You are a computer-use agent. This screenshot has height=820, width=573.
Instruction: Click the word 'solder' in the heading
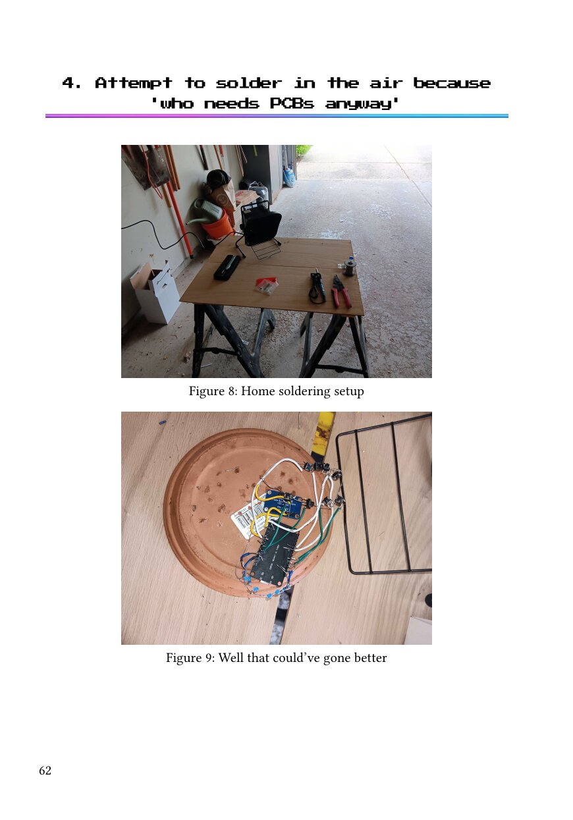248,83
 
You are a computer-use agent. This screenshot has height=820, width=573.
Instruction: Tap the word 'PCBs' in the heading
292,103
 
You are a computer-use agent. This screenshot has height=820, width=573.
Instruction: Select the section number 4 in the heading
68,83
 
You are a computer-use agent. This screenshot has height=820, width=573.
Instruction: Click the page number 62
45,771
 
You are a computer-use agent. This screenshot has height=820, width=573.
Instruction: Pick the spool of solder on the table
349,267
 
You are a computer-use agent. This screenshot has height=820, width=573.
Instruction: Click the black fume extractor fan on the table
260,228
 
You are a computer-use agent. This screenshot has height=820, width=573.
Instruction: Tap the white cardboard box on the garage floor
155,291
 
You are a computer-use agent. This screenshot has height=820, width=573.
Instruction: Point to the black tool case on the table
227,267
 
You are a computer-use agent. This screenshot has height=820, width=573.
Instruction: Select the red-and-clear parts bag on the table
267,286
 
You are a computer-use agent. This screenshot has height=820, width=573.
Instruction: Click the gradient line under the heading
277,116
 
